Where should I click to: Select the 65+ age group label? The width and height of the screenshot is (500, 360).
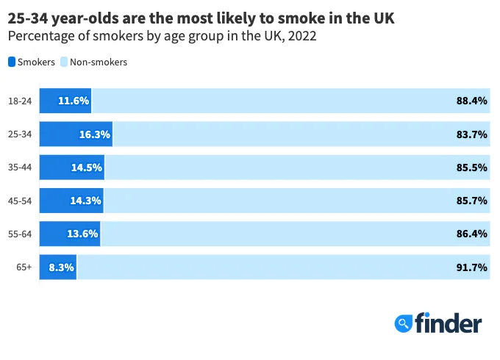tap(24, 267)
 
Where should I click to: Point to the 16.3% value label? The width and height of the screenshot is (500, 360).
tap(95, 134)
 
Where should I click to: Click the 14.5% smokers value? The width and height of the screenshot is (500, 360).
tap(87, 168)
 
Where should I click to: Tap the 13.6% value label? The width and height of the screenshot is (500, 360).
tap(82, 234)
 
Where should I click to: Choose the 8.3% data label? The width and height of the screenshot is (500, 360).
tap(62, 267)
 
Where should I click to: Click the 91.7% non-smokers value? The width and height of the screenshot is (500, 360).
tap(472, 267)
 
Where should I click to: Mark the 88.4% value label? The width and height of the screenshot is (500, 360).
tap(472, 101)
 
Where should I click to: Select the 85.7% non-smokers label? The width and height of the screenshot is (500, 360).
tap(472, 201)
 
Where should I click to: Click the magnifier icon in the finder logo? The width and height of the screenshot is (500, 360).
tap(403, 322)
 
